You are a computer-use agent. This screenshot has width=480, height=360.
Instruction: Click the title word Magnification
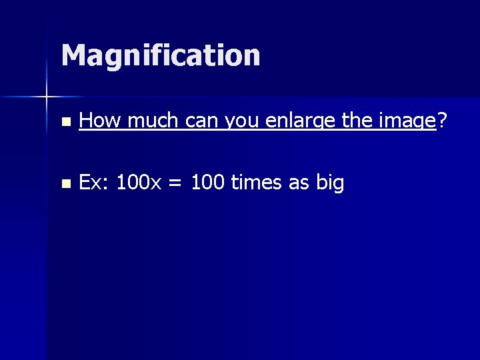160,55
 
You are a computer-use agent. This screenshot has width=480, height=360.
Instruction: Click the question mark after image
442,121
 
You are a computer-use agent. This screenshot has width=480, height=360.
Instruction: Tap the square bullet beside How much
64,122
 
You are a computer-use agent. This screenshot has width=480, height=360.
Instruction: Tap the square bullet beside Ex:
64,183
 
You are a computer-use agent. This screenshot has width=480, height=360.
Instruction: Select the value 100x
139,182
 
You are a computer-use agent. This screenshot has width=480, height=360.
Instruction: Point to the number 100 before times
207,182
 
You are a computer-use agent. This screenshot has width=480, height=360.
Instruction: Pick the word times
257,182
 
